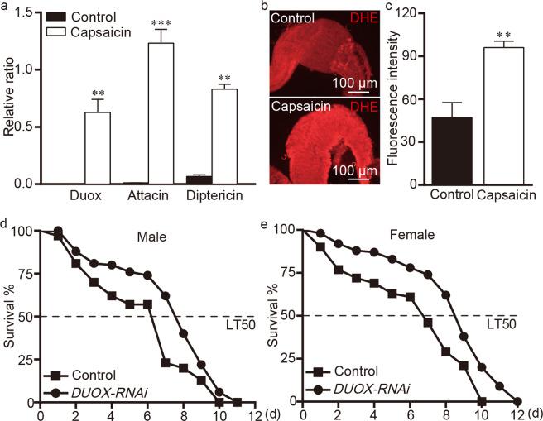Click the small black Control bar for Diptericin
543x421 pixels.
198,179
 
